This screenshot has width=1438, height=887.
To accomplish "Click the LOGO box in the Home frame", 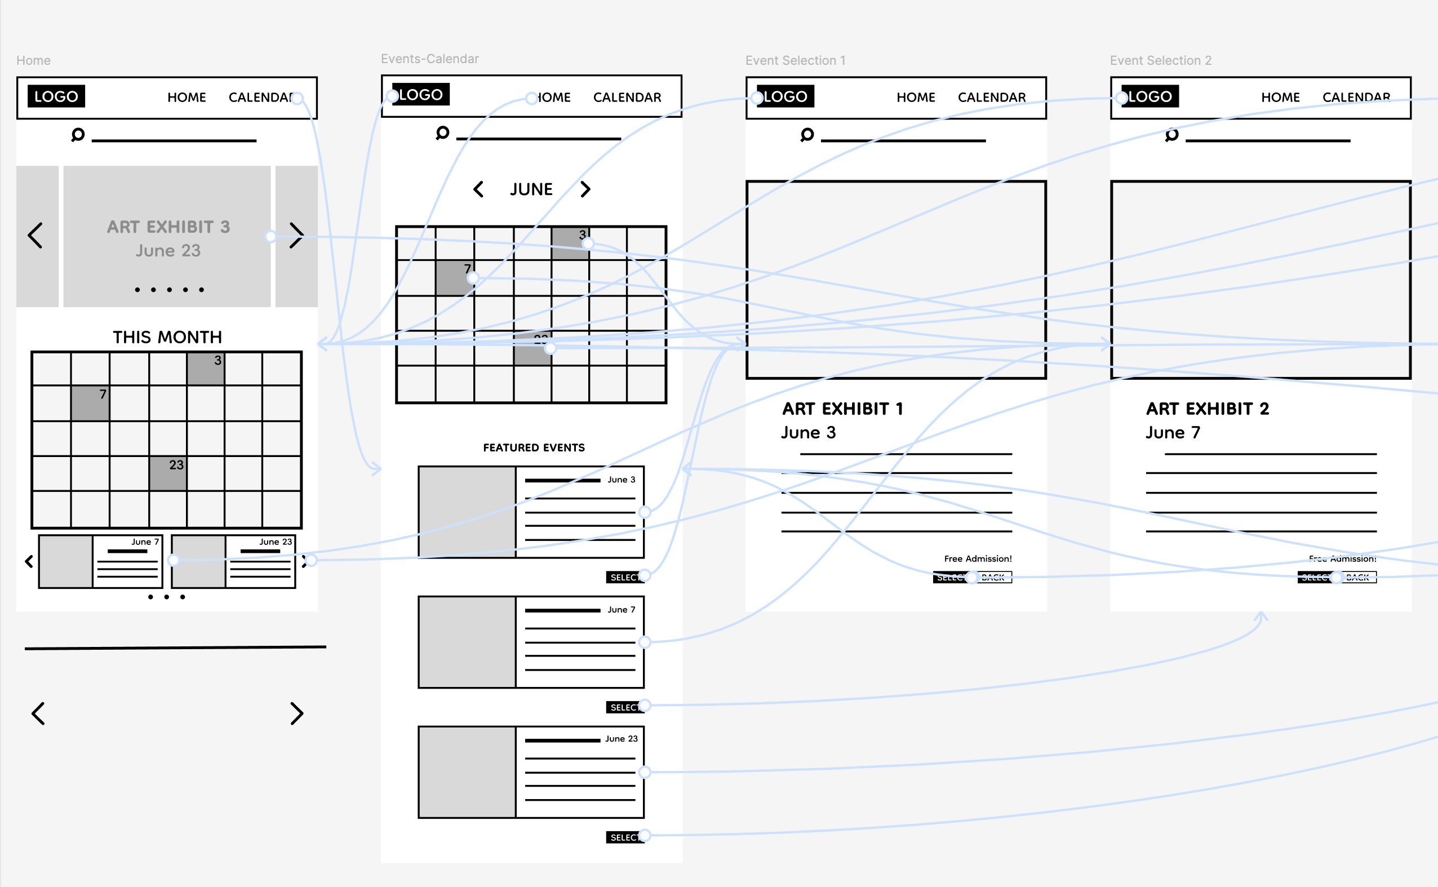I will (56, 96).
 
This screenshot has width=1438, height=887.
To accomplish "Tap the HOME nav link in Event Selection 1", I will (916, 97).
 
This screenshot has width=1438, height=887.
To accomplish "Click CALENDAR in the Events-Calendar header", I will (627, 97).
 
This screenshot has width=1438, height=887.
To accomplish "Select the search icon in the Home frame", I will (78, 135).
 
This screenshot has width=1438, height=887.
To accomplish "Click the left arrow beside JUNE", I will (478, 189).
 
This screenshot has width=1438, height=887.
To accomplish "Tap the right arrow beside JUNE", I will (585, 189).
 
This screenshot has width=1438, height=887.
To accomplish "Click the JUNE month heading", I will (531, 189).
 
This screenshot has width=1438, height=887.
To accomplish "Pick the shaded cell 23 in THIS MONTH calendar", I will (168, 473).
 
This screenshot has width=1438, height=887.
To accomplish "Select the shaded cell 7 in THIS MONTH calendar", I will (90, 402).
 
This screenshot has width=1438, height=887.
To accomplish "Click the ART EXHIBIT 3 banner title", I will (168, 227).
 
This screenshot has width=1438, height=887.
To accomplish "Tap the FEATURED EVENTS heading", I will (534, 447).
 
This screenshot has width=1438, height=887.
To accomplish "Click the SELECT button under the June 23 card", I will (624, 837).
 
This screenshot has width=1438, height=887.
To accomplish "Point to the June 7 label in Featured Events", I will (621, 610).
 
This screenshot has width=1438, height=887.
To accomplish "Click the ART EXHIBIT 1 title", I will (842, 409).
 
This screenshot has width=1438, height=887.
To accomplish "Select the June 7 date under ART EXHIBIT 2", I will (1173, 433).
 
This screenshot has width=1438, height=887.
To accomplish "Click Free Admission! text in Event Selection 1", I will (978, 558).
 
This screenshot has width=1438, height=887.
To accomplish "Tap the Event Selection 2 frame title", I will (1160, 60).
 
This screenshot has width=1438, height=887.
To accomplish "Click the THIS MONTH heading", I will (167, 338).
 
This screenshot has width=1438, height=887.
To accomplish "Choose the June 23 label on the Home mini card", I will (275, 542).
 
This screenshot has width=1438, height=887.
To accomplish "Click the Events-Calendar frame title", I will (429, 59).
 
